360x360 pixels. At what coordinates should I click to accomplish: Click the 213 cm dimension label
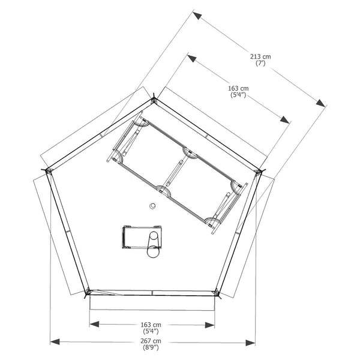click(260, 56)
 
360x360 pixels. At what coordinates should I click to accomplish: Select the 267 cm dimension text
click(151, 341)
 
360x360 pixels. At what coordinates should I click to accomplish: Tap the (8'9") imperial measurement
click(151, 347)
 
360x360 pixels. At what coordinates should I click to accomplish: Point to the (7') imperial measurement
click(260, 63)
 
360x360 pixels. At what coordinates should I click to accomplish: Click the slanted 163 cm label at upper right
click(238, 88)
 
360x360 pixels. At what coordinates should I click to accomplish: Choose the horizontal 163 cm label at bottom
click(151, 325)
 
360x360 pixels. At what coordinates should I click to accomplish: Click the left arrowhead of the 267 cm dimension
click(55, 341)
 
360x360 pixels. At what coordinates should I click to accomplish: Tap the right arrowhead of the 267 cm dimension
click(250, 343)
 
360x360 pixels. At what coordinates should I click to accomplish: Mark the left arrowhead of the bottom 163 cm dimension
click(94, 324)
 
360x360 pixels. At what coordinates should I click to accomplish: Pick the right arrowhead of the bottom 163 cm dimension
click(210, 325)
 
